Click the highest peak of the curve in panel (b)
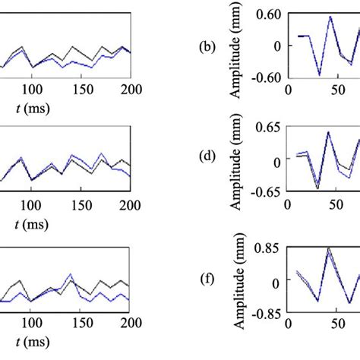coord(330,17)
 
